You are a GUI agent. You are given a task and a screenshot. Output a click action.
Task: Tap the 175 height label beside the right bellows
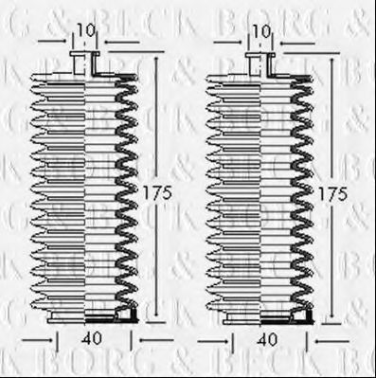coord(332,191)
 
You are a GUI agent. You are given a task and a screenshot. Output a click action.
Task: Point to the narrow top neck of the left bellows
coord(85,64)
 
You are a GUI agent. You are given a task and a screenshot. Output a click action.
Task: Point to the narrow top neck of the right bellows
coord(259,64)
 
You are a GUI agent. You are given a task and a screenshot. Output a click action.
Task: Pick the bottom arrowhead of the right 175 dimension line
coord(330,318)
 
